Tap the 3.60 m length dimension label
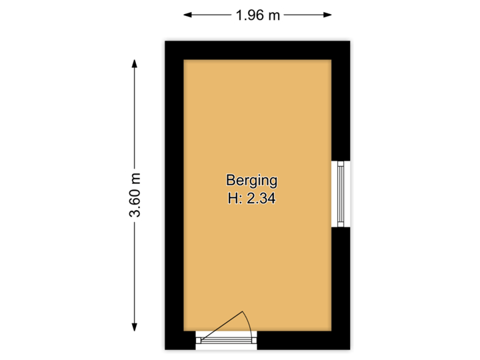click(135, 194)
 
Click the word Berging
click(251, 180)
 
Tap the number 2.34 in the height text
click(261, 197)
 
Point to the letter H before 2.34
click(231, 197)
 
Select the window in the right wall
click(342, 193)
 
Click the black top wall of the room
click(257, 47)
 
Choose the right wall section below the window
click(342, 287)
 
